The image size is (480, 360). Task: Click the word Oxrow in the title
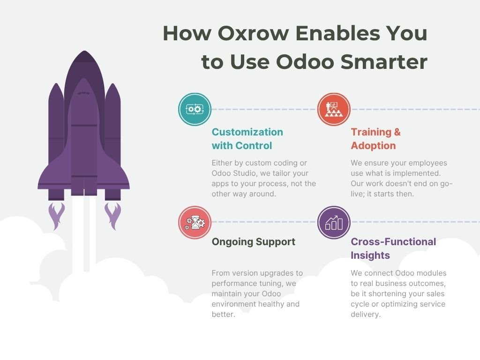[253, 33]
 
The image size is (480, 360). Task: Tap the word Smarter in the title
[384, 61]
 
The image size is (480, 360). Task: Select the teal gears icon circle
[195, 109]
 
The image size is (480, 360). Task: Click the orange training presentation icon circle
[334, 109]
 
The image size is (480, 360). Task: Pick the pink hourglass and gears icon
[195, 222]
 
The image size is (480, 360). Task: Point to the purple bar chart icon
[334, 222]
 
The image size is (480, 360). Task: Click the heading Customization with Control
[247, 139]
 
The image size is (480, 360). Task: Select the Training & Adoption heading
[375, 139]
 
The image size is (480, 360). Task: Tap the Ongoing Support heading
[254, 242]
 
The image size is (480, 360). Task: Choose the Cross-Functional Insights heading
[393, 248]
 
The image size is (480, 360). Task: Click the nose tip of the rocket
[84, 51]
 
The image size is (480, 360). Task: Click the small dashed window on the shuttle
[83, 93]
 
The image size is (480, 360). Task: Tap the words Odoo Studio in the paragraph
[234, 173]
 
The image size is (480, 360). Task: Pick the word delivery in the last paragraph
[366, 315]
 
